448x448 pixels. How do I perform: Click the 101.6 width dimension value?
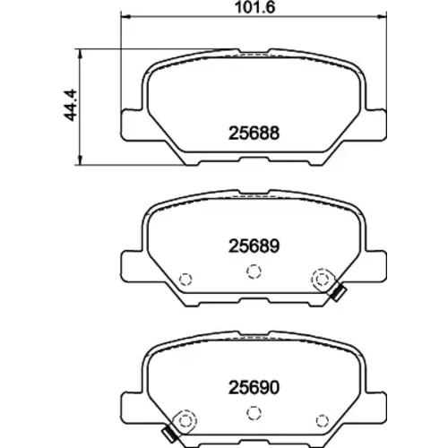click(254, 7)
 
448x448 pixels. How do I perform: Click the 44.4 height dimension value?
click(71, 105)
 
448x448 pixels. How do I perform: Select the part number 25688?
click(254, 133)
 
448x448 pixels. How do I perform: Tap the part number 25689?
click(254, 246)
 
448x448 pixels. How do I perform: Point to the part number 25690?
click(254, 387)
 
